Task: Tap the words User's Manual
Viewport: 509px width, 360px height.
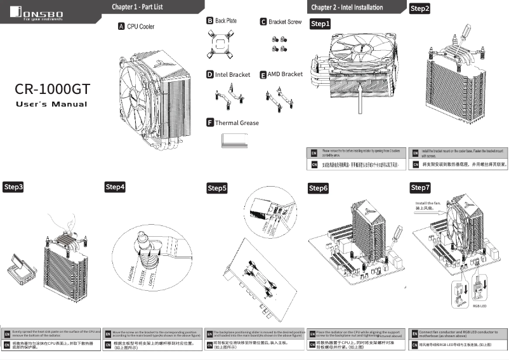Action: click(51, 104)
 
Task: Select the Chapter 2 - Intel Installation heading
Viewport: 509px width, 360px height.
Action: click(347, 7)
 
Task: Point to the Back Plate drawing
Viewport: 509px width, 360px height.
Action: click(223, 45)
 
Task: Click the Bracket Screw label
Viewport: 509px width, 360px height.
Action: click(285, 22)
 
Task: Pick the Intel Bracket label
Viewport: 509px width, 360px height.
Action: click(232, 74)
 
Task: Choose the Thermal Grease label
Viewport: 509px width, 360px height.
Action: click(237, 123)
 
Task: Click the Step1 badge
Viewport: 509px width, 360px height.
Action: click(321, 24)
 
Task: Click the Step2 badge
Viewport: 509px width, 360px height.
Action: click(420, 9)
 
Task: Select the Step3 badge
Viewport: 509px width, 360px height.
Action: click(14, 187)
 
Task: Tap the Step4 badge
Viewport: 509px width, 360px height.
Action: click(115, 187)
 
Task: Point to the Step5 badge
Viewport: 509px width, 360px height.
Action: click(217, 189)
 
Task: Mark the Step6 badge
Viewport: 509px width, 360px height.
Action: click(319, 189)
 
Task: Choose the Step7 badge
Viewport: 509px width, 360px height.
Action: click(420, 188)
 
